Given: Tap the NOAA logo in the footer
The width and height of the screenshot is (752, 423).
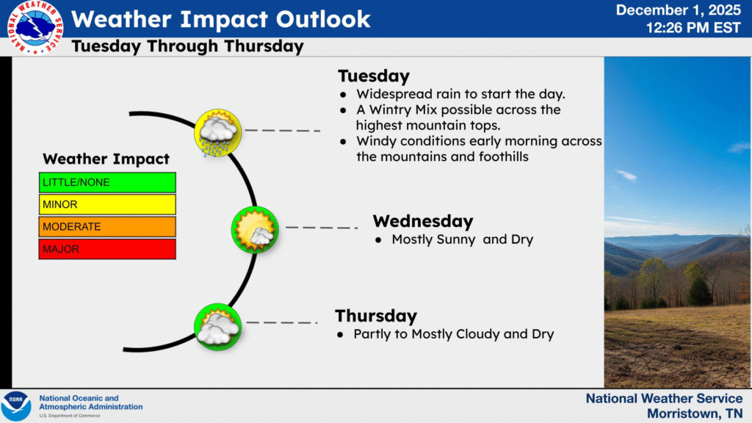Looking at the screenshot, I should click(x=16, y=406).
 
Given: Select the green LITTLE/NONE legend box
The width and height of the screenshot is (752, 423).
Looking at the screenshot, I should click(x=107, y=182).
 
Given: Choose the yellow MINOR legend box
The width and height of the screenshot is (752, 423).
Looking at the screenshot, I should click(x=107, y=204).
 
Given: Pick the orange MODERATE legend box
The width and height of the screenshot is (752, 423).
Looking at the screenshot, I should click(x=107, y=226).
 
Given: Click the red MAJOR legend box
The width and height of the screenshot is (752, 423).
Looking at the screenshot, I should click(x=107, y=249).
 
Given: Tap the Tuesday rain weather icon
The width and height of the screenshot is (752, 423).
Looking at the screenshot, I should click(x=217, y=132).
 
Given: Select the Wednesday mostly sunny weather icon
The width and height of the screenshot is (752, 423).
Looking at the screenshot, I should click(x=255, y=228).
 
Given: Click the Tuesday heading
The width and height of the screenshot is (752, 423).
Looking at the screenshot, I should click(x=373, y=76).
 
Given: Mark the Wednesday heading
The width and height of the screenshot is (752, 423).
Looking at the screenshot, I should click(x=422, y=221).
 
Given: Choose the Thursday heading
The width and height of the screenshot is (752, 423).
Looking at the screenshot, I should click(x=376, y=316).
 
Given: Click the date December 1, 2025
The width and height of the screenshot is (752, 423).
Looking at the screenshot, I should click(x=679, y=10).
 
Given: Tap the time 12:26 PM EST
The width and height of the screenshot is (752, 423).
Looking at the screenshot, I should click(x=694, y=28).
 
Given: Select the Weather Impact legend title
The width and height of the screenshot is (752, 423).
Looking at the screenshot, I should click(x=106, y=159).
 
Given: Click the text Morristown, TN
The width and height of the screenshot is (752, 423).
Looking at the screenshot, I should click(x=694, y=413).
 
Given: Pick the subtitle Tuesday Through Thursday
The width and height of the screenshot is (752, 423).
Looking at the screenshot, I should click(x=187, y=46).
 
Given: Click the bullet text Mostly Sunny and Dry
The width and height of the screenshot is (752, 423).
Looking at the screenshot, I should click(x=462, y=239).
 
